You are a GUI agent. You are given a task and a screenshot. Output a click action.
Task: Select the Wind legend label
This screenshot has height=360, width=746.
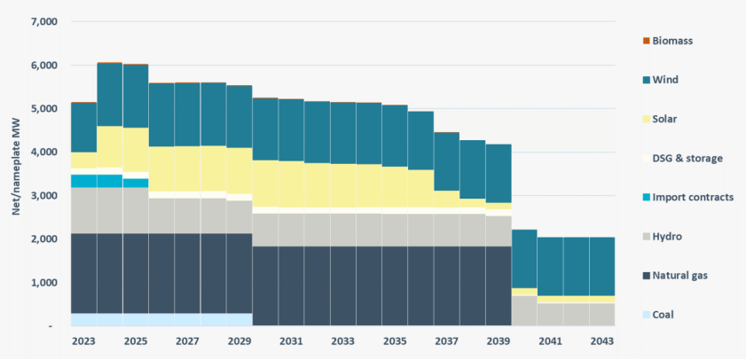point(669,80)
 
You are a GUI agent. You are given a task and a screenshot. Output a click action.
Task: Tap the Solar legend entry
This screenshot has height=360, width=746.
point(670,119)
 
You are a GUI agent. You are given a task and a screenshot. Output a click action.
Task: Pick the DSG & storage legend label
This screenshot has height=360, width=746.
point(687,158)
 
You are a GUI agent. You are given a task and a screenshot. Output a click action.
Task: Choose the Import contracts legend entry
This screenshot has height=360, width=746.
point(692,197)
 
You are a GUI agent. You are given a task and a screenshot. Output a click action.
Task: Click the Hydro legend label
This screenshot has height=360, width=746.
point(671,236)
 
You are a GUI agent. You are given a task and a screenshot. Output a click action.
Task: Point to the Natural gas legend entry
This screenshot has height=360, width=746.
point(683,275)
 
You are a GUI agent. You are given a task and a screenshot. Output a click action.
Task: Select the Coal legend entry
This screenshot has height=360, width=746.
point(667,314)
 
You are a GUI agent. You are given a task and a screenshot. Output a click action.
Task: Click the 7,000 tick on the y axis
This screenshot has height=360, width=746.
point(43,21)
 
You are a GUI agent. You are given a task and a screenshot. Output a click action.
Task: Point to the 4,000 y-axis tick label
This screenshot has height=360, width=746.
point(43,153)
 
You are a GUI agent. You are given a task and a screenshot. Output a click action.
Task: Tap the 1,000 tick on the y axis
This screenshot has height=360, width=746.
point(43,283)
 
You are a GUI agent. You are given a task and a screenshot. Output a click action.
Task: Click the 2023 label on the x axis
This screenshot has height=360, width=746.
point(83,340)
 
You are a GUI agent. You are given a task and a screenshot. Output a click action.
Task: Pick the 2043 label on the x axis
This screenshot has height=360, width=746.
point(601,340)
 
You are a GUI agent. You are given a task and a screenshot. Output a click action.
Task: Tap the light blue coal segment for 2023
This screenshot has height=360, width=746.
point(83,319)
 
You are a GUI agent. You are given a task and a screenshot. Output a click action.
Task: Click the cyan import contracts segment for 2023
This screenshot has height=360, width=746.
point(83,181)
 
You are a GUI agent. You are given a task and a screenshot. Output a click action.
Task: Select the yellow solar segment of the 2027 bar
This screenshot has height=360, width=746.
point(187,168)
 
